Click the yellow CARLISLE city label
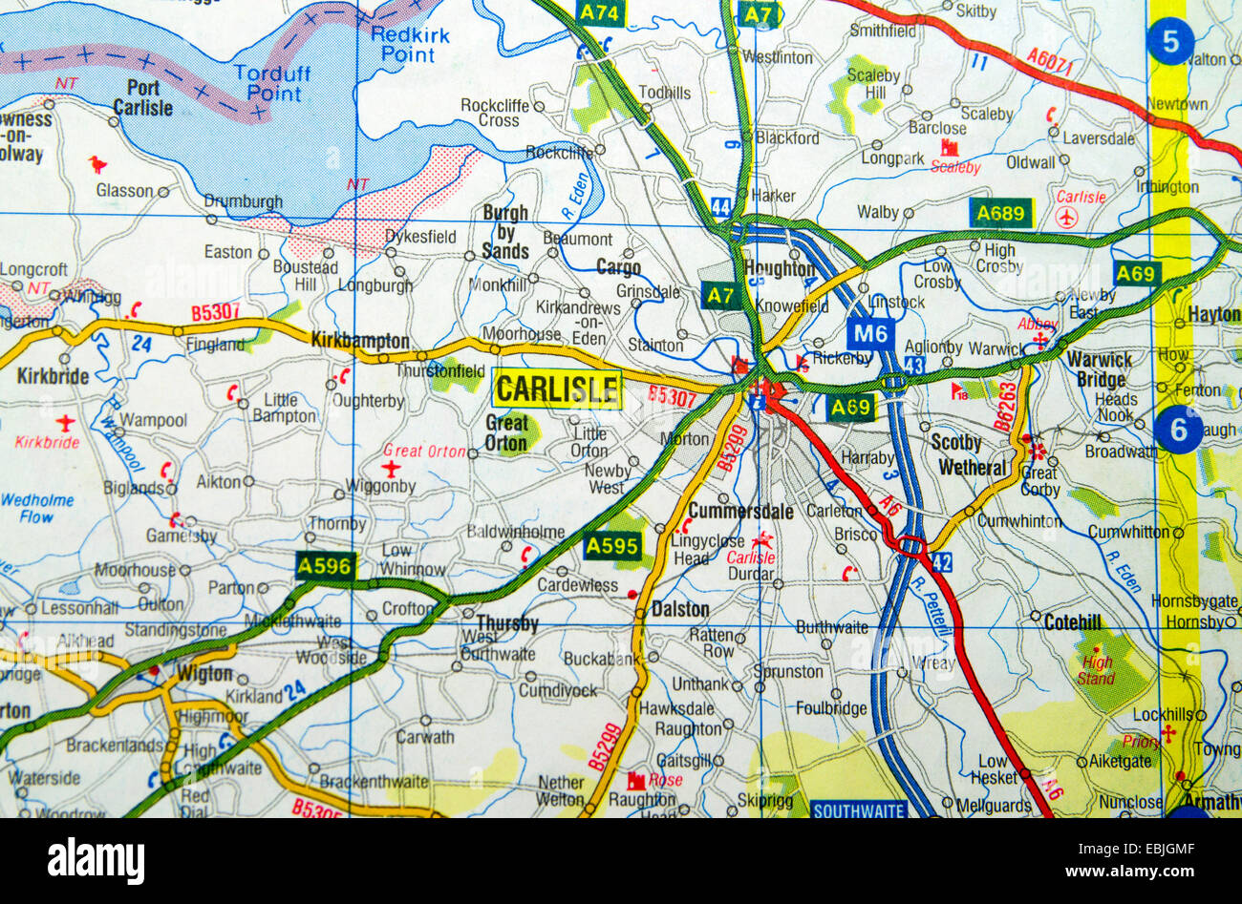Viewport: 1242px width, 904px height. (x=558, y=389)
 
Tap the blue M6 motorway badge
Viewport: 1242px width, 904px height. (x=869, y=333)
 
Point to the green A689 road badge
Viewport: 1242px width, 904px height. (x=1000, y=213)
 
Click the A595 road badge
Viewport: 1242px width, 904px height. (x=612, y=546)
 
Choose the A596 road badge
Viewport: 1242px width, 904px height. (x=326, y=566)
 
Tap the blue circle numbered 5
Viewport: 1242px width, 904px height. (x=1171, y=42)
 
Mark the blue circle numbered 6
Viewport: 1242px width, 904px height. (x=1178, y=430)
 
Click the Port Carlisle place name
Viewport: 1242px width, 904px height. (x=143, y=98)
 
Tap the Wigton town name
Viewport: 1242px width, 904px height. (x=204, y=674)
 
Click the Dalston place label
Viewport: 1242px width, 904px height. (x=680, y=609)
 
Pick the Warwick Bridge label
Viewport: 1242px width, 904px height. (x=1099, y=368)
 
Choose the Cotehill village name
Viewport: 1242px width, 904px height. (x=1073, y=622)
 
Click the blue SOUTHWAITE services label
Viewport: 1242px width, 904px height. (x=857, y=810)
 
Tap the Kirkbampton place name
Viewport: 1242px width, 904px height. (x=360, y=341)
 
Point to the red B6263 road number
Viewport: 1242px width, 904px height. (x=1003, y=408)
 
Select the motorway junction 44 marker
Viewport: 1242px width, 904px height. (x=720, y=205)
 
